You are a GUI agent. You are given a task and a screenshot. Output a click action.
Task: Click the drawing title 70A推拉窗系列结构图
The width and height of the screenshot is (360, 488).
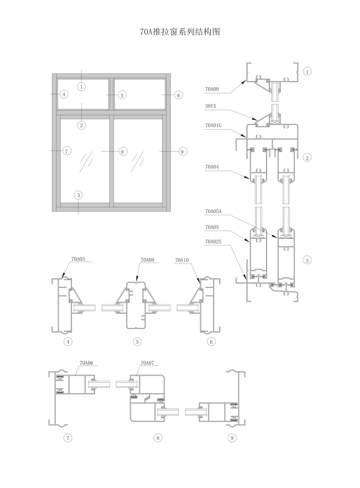(180, 32)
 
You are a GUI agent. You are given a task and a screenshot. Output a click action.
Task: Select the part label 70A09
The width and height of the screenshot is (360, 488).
(212, 89)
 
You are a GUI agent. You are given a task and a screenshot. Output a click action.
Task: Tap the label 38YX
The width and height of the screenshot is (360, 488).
(211, 106)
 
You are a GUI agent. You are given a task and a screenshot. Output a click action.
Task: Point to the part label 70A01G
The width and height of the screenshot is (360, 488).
(213, 125)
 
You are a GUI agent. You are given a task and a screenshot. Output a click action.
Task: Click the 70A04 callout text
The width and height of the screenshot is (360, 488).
(212, 167)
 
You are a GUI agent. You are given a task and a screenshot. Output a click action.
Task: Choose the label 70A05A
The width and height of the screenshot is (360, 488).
(213, 211)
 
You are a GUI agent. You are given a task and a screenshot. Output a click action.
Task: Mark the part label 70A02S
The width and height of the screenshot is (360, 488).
(213, 242)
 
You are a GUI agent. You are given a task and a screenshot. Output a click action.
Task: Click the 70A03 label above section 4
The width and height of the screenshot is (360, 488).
(78, 259)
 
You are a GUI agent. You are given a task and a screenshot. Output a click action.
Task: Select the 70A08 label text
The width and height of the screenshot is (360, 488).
(147, 260)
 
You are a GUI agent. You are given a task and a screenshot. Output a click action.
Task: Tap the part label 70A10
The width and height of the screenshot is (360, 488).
(182, 260)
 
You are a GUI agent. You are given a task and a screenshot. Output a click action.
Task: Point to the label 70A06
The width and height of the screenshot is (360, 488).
(86, 363)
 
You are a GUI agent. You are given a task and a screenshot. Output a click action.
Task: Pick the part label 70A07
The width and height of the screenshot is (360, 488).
(147, 363)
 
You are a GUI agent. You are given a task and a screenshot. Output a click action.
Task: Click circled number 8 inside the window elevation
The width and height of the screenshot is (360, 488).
(123, 152)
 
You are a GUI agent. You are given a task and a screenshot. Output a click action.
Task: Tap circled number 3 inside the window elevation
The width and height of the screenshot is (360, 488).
(79, 195)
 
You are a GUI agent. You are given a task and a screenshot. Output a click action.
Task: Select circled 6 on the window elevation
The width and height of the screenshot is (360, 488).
(178, 95)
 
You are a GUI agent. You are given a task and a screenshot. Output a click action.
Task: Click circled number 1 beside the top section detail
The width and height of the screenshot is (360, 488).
(307, 71)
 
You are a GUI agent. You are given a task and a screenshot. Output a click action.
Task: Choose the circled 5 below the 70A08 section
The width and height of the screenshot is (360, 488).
(137, 342)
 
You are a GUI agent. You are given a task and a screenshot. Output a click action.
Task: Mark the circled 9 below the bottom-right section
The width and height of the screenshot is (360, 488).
(232, 438)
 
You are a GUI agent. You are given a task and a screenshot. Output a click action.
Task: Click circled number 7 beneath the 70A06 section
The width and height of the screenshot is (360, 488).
(68, 438)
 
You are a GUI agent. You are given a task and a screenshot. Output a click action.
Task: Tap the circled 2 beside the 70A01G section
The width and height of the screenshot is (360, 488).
(307, 158)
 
